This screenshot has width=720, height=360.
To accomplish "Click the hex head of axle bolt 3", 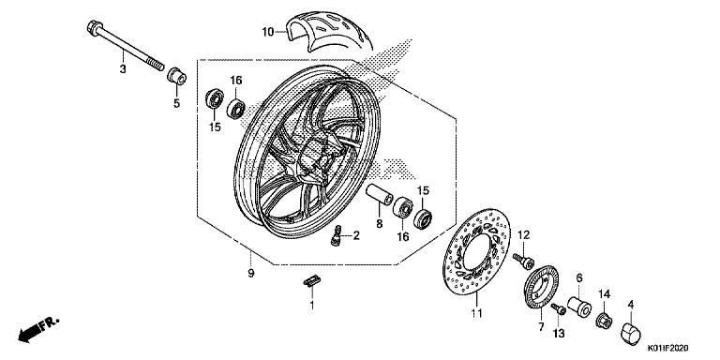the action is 94,28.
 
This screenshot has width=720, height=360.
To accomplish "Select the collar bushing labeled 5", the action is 177,76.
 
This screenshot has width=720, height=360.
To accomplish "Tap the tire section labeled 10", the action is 329,31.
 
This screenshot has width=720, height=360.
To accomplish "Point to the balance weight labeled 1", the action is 312,282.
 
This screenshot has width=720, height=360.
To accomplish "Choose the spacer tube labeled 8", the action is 380,195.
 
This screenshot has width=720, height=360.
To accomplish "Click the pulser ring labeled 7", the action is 541,288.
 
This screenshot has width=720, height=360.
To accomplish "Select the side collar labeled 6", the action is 579,307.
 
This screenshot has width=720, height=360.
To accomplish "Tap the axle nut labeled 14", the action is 604,320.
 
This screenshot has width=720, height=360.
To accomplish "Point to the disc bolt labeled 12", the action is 524,262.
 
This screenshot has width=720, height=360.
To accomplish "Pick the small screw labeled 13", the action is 559,309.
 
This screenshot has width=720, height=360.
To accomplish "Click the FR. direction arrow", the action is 38,329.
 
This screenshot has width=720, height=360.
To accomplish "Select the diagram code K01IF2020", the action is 668,349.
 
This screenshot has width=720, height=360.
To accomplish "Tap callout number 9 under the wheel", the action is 250,273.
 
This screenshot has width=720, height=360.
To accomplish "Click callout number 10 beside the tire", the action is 268,32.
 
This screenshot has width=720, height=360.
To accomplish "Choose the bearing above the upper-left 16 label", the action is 236,109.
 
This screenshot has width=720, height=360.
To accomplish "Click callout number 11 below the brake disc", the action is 476,314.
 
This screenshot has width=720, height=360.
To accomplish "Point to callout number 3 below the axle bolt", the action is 123,69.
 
